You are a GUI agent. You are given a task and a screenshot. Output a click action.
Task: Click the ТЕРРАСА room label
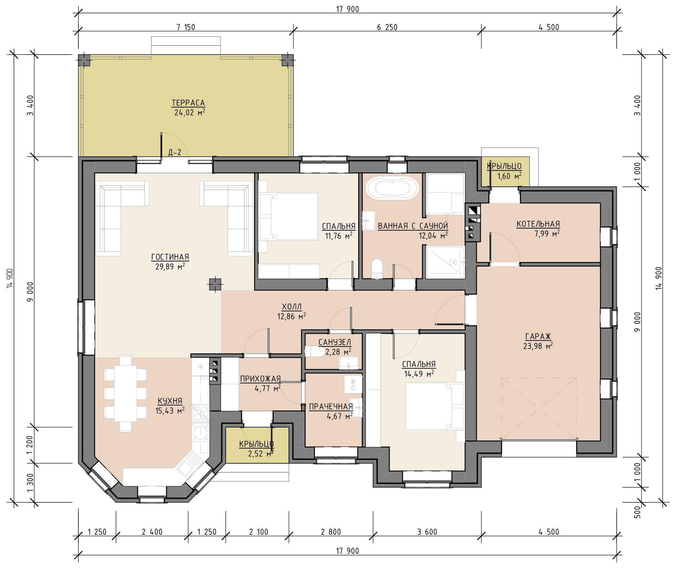tap(188, 103)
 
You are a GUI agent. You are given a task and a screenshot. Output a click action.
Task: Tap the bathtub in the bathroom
tap(392, 187)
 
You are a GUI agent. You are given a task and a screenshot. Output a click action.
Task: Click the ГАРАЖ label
tap(538, 336)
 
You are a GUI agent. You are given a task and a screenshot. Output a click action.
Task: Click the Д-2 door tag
tap(175, 152)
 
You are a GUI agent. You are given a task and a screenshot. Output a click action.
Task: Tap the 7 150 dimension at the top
tap(186, 27)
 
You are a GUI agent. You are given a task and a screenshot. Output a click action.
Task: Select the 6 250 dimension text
tap(387, 27)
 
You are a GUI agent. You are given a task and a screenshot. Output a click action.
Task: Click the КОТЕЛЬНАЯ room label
tap(538, 224)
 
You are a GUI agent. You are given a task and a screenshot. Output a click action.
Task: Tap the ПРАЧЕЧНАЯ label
tap(331, 406)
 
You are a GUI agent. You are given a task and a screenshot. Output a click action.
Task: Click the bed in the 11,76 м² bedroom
tap(289, 216)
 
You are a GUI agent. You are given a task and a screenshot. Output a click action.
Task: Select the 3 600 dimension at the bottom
tap(427, 532)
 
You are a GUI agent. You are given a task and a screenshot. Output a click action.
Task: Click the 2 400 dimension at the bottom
tap(152, 532)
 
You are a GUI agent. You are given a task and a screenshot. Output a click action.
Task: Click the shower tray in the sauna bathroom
tap(445, 262)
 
